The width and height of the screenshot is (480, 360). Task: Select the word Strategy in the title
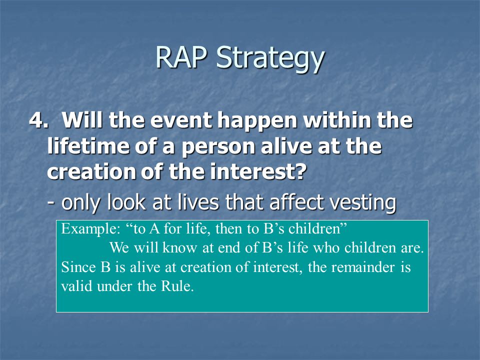pyautogui.click(x=270, y=59)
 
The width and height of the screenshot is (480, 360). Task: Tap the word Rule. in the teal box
pyautogui.click(x=177, y=286)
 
